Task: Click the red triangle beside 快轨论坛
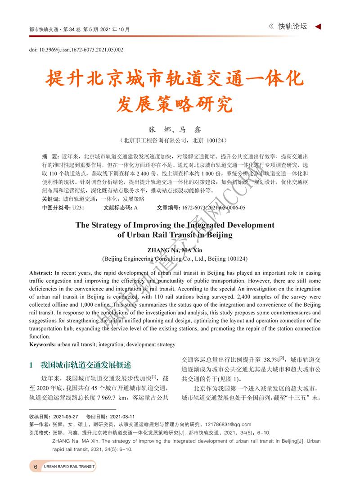coord(318,27)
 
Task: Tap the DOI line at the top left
coord(76,50)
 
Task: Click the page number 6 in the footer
coord(35,467)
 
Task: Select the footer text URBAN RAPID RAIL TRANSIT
coord(69,467)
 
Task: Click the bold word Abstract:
coord(41,273)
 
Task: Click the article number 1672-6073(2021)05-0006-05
coord(213,208)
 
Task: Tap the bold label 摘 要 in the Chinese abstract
coord(50,156)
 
